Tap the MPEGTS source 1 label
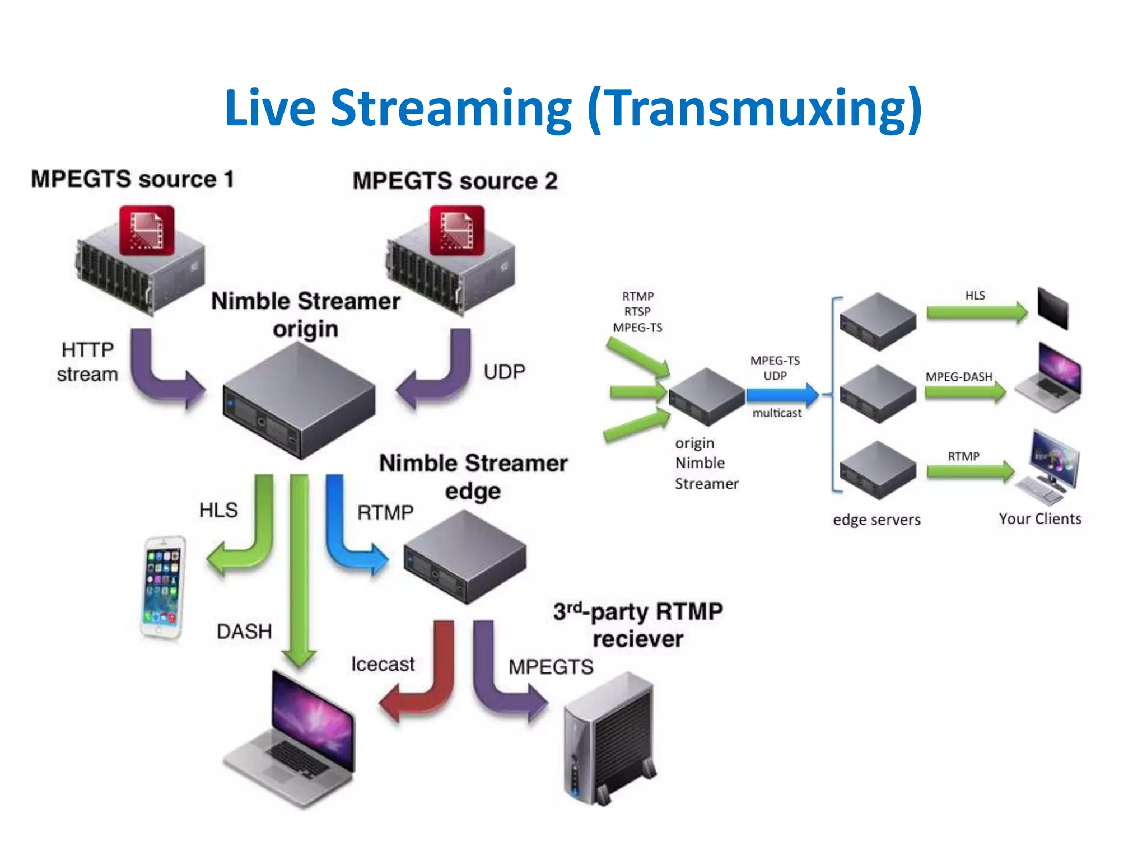click(x=132, y=180)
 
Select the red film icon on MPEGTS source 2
click(x=456, y=231)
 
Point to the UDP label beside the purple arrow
click(x=504, y=372)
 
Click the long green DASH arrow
click(x=299, y=571)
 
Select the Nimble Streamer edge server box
click(x=465, y=558)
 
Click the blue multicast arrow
click(x=782, y=395)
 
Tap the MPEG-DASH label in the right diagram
click(x=958, y=377)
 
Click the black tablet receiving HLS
click(x=1052, y=308)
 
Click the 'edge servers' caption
click(x=876, y=520)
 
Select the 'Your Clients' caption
click(x=1039, y=519)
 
